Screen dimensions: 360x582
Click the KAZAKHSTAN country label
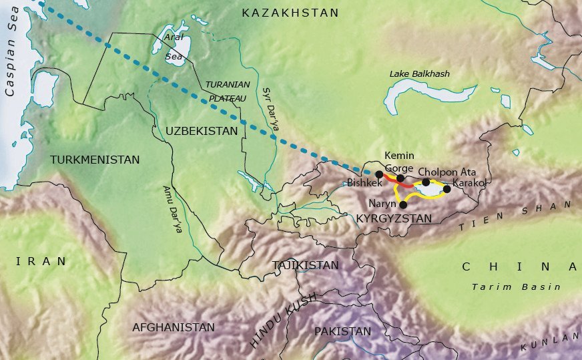click(290, 13)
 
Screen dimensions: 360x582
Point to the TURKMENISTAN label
click(95, 160)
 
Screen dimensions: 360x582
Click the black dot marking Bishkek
click(379, 174)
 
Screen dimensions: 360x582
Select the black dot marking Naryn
click(403, 205)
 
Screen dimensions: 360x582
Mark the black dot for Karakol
click(447, 189)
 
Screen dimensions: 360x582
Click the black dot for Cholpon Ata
click(426, 182)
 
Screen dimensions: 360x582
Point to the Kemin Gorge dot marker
click(400, 178)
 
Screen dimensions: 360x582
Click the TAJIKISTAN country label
click(306, 265)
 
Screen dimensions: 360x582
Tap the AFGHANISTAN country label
click(174, 327)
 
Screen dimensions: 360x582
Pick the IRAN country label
click(43, 261)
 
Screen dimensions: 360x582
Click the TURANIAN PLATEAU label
click(228, 91)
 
